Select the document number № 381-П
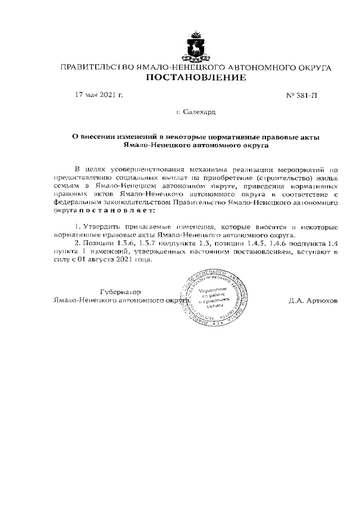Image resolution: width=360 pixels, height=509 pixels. [302, 96]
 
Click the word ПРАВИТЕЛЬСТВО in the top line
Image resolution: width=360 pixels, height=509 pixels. [93, 67]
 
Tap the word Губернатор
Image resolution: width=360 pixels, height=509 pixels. [120, 292]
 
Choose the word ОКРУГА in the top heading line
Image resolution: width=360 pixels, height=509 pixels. [313, 67]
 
